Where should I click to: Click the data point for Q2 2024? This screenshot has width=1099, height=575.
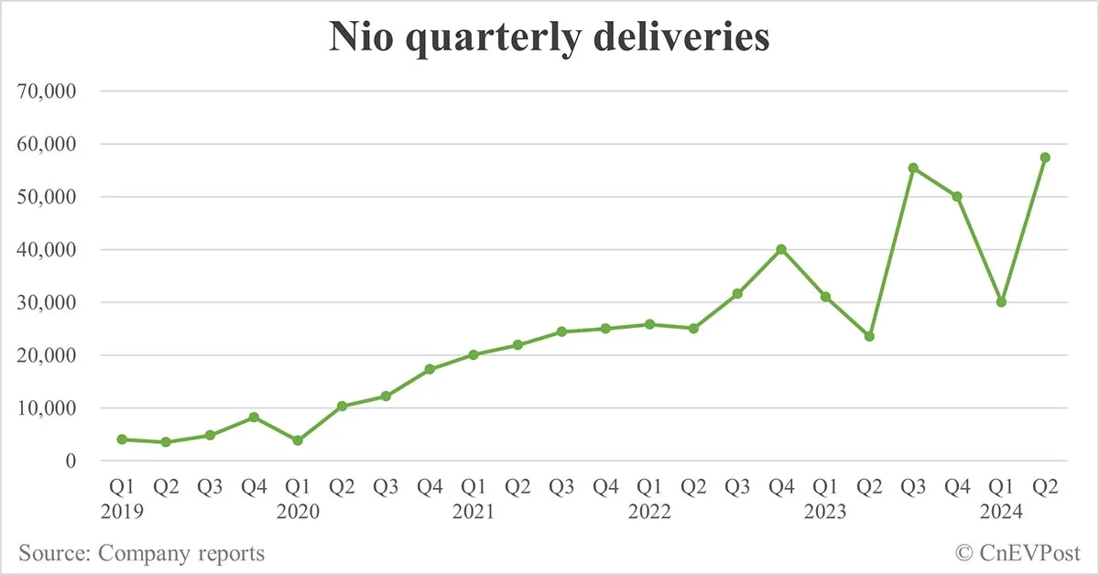pos(1045,157)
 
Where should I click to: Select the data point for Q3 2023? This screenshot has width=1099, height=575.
pos(913,168)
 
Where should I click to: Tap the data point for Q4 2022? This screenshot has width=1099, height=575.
pos(781,249)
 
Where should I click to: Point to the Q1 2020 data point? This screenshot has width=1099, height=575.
pos(298,440)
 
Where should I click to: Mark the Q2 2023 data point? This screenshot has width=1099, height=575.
pos(869,336)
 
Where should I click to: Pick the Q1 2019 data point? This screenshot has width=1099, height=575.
pos(122,439)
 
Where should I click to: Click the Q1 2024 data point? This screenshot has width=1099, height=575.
pos(1001,301)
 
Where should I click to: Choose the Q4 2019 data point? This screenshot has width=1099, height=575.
pos(254,417)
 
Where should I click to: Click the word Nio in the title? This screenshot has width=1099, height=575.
pos(360,39)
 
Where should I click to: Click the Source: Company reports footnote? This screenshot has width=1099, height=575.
pos(141,553)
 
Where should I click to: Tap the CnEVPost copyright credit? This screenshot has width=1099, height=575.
pos(1017,553)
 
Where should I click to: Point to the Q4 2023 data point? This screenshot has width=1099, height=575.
pos(957,196)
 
